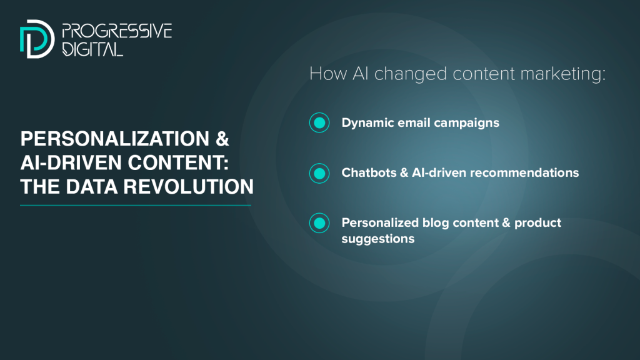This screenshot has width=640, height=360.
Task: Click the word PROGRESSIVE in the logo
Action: (x=117, y=31)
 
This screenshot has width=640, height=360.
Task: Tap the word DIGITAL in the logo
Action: (x=92, y=49)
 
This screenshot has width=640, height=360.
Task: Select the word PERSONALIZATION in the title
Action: (x=115, y=139)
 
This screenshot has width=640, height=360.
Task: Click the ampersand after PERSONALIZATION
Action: (x=222, y=139)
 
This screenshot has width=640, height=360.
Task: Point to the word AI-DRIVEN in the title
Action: (x=71, y=162)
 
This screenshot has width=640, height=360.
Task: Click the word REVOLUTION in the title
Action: (x=189, y=186)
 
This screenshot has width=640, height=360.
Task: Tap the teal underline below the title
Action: (x=136, y=205)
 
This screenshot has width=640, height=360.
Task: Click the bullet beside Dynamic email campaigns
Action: (x=319, y=122)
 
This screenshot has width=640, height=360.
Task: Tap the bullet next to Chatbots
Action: (x=319, y=173)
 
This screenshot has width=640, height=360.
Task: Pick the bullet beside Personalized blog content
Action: (x=319, y=223)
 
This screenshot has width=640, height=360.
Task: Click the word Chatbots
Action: (x=369, y=172)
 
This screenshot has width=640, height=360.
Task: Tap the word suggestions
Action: (x=378, y=239)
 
